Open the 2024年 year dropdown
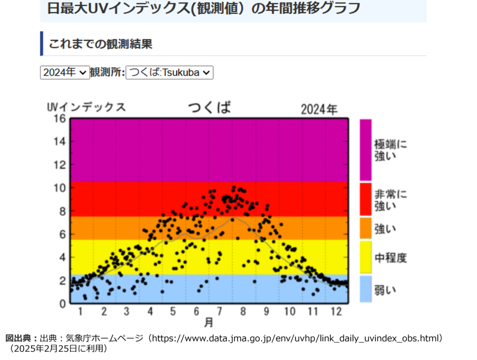point(65,72)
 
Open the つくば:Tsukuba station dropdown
point(170,72)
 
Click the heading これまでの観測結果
point(101,44)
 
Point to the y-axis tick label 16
point(60,118)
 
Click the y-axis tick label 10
point(60,188)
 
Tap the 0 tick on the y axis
point(62,304)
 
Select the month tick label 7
point(219,312)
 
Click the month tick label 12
point(336,312)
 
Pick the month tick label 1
point(80,312)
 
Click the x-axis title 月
point(209,323)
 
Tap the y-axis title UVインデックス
point(86,107)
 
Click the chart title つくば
point(210,107)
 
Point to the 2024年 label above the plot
point(319,109)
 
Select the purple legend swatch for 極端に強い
point(366,150)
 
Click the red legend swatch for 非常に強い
point(366,199)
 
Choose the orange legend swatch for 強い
point(366,228)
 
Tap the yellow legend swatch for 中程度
point(366,257)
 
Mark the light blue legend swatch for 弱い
point(366,289)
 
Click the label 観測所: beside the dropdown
point(108,72)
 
